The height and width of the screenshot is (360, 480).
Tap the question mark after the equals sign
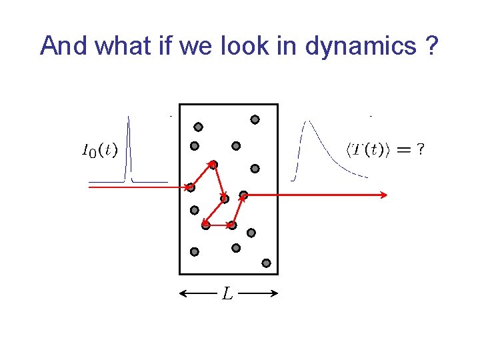point(419,151)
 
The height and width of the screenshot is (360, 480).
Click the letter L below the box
point(228,293)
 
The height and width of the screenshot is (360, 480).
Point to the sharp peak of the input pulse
point(129,119)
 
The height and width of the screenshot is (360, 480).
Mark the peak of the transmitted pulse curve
point(307,121)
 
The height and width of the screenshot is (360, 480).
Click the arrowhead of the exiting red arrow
point(384,195)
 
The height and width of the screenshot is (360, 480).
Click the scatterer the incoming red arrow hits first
point(191,187)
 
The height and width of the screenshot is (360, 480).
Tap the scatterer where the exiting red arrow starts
point(243,195)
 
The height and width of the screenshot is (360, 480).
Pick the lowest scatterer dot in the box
point(266,263)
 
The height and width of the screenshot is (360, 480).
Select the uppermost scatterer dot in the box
point(255,120)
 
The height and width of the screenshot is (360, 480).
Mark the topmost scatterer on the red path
point(213,164)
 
